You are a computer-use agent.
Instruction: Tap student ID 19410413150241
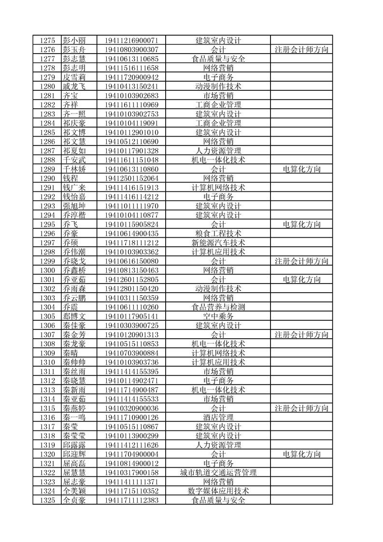(131, 86)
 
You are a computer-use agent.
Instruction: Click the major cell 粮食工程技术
(218, 233)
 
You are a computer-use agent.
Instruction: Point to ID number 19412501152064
(131, 178)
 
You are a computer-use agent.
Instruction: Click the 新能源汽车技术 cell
(218, 242)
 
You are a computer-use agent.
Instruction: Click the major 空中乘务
(218, 316)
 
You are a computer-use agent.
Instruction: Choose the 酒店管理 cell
(218, 417)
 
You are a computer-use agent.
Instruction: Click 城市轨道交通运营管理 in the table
(218, 472)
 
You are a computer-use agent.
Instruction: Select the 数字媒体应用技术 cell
(218, 491)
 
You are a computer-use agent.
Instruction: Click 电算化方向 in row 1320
(301, 454)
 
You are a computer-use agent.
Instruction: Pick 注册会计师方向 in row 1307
(301, 334)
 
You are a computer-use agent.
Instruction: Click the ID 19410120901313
(131, 334)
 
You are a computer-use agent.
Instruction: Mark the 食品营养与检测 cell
(218, 307)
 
